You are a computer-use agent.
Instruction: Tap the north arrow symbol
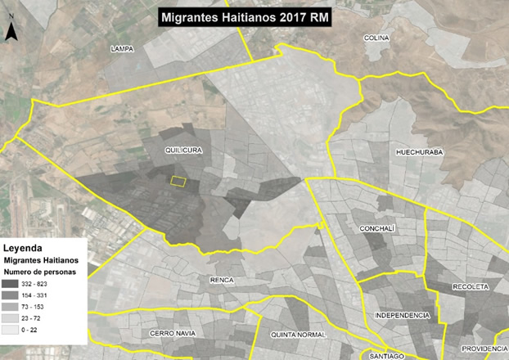tap(11, 30)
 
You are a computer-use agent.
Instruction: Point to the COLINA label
tap(377, 38)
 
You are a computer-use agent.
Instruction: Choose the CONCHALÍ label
tap(377, 228)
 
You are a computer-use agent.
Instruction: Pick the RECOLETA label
tap(470, 287)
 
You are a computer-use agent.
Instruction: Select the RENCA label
tap(221, 281)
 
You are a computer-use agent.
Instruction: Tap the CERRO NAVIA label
tap(170, 334)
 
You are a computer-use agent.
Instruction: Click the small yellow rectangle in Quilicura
tap(178, 180)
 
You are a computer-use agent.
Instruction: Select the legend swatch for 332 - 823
tap(17, 282)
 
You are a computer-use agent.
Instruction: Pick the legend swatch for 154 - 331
tap(17, 294)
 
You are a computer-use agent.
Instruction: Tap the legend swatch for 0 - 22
tap(17, 328)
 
